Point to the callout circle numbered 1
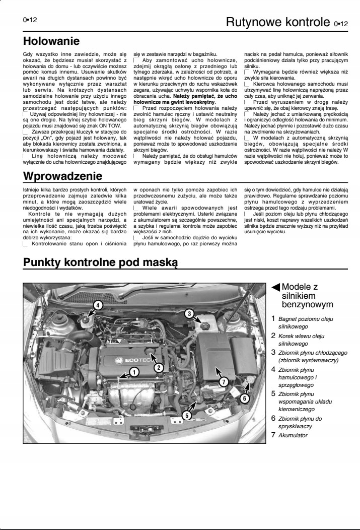click(134, 372)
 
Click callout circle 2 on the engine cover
click(158, 367)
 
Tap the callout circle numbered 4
click(98, 304)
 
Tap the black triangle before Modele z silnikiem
click(275, 287)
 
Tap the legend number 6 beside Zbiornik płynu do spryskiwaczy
click(273, 417)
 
